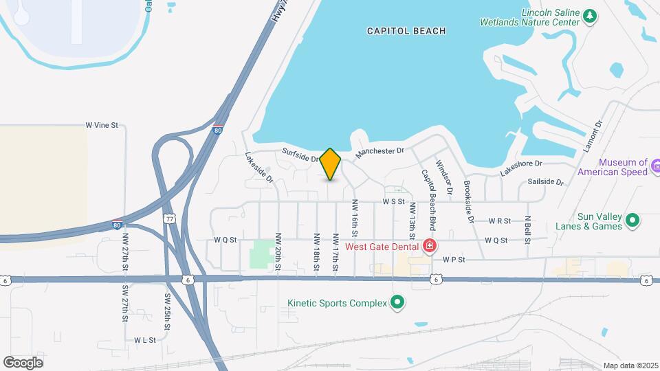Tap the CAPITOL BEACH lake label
(406, 31)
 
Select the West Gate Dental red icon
(430, 245)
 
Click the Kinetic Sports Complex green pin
(397, 302)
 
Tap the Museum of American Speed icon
(655, 166)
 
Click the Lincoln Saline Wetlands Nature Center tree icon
(589, 16)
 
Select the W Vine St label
(102, 125)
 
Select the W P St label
(454, 260)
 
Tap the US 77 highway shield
(169, 218)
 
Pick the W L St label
(146, 340)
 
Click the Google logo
(23, 363)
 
